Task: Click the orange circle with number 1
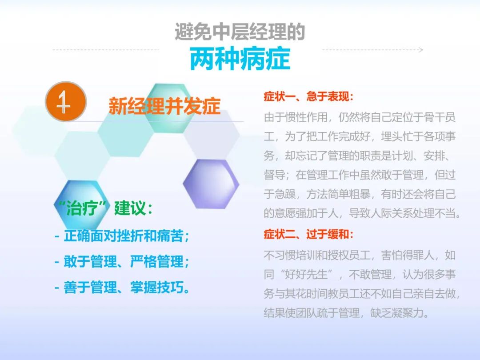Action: point(66,101)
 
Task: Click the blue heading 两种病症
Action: point(240,59)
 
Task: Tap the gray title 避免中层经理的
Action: point(240,32)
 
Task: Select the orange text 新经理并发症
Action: point(164,106)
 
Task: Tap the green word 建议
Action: point(130,208)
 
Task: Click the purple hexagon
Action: point(211,184)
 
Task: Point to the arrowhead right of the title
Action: point(421,50)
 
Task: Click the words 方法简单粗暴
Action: point(338,194)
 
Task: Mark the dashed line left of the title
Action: point(106,50)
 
